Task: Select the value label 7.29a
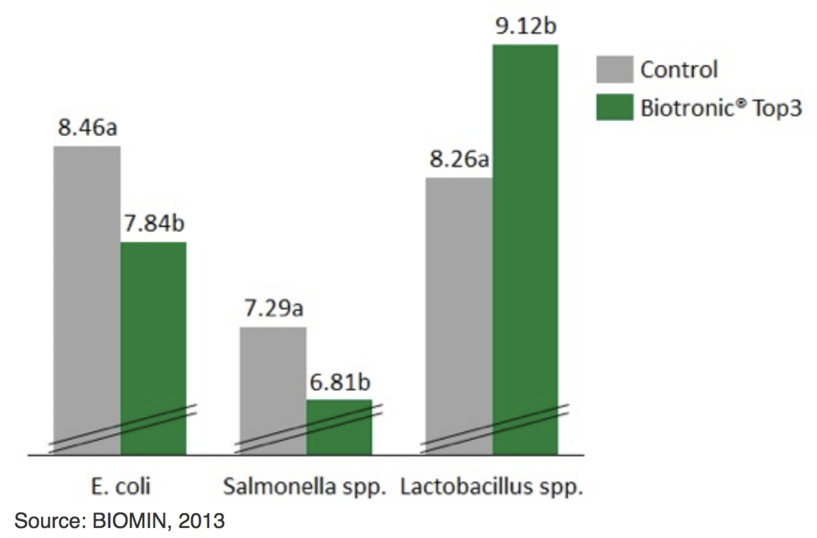pyautogui.click(x=273, y=310)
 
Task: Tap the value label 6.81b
pyautogui.click(x=339, y=383)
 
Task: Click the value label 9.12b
pyautogui.click(x=526, y=27)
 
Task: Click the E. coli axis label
pyautogui.click(x=120, y=486)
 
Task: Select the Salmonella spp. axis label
pyautogui.click(x=306, y=486)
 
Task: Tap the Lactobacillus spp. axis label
pyautogui.click(x=492, y=486)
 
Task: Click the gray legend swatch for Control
pyautogui.click(x=614, y=69)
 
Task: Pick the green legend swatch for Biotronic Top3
pyautogui.click(x=614, y=108)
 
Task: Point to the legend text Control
pyautogui.click(x=678, y=69)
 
